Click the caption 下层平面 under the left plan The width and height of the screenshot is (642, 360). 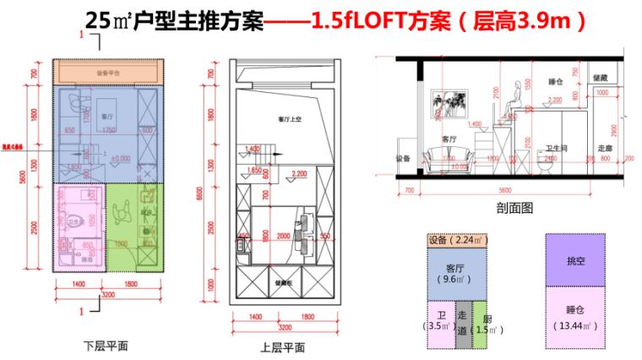click(106, 346)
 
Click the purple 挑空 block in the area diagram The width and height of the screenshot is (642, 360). click(575, 261)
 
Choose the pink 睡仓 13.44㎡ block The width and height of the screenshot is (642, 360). click(575, 317)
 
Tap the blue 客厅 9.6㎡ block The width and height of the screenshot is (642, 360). click(457, 273)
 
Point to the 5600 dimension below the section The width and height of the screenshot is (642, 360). click(504, 190)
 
